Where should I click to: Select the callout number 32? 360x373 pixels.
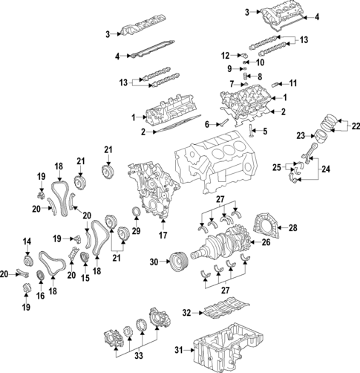click(x=187, y=313)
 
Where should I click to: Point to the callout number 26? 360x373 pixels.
click(x=265, y=241)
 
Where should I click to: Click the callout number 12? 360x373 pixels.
click(x=226, y=55)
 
